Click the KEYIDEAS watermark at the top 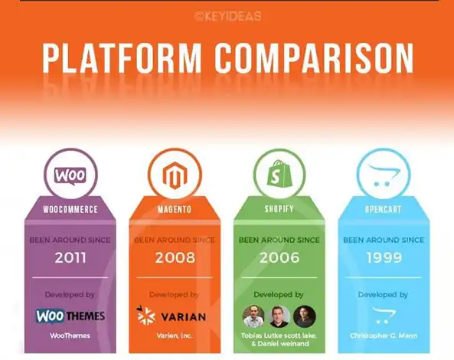(x=228, y=16)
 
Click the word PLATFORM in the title (x=122, y=58)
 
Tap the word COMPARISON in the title (x=314, y=58)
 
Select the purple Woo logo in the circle (x=70, y=176)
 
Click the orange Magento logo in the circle (x=175, y=175)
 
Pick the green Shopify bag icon (x=279, y=173)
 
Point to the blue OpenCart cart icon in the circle (x=384, y=175)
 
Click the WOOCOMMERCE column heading (x=70, y=209)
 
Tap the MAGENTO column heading (x=175, y=209)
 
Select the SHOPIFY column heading (x=279, y=209)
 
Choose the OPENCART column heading (x=383, y=209)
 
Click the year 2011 (x=70, y=257)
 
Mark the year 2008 (x=175, y=257)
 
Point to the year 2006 (x=279, y=257)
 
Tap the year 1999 (x=384, y=257)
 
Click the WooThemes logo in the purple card (x=70, y=316)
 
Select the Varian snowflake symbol (x=145, y=315)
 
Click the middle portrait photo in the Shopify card (x=279, y=316)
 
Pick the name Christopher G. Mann (x=384, y=335)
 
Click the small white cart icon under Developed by (x=384, y=316)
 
